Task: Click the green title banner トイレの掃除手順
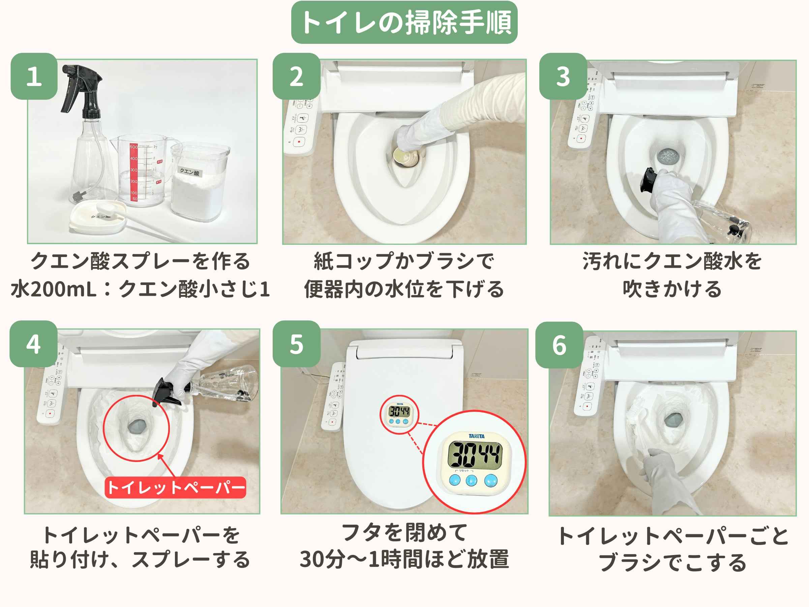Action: click(x=404, y=22)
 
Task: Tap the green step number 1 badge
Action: click(x=34, y=77)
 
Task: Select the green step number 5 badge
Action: click(x=296, y=344)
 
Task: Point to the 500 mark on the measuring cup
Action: click(x=133, y=147)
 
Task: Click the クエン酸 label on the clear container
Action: click(x=189, y=172)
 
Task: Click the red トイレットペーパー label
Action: click(x=175, y=487)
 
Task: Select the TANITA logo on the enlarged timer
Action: click(x=476, y=436)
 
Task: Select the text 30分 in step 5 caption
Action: click(x=322, y=559)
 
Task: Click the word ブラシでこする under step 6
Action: click(x=672, y=562)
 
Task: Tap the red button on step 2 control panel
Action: click(x=299, y=142)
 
